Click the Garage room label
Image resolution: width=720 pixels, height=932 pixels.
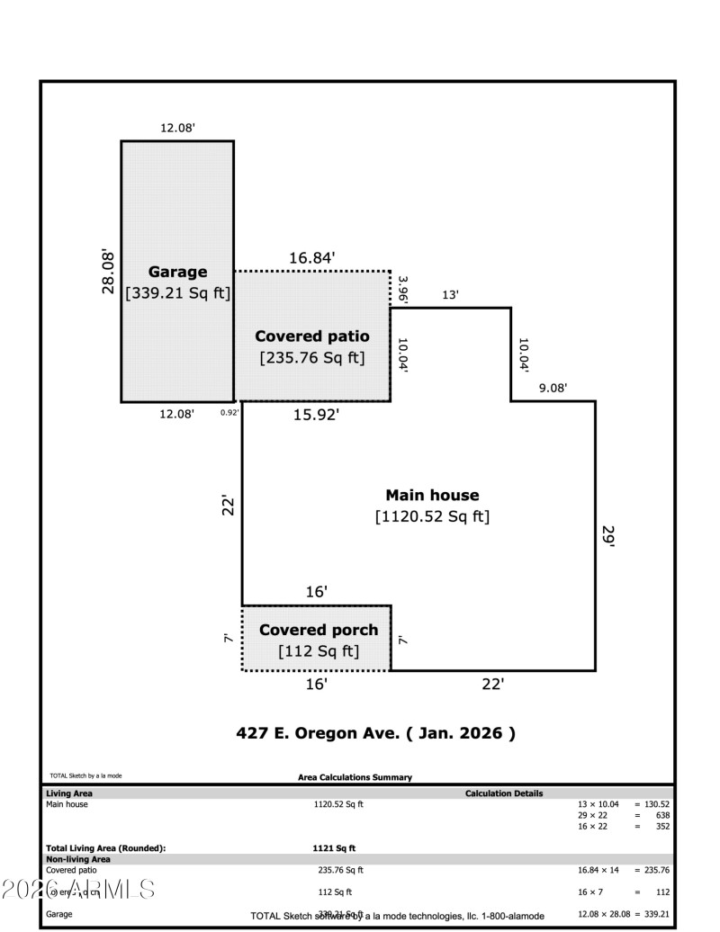click(x=177, y=272)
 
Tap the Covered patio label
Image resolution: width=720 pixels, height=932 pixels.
click(x=311, y=336)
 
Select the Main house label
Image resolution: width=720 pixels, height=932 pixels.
click(x=432, y=495)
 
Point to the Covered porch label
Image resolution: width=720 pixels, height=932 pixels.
click(x=319, y=630)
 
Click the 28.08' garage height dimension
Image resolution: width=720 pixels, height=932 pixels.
click(x=108, y=272)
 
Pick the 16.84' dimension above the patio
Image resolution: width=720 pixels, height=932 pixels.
click(x=311, y=258)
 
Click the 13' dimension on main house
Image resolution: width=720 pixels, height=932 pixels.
click(x=450, y=295)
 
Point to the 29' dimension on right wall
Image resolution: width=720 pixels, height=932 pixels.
click(x=608, y=536)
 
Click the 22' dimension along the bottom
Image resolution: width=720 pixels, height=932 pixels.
click(x=492, y=685)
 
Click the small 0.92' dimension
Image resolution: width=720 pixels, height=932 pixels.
click(x=229, y=413)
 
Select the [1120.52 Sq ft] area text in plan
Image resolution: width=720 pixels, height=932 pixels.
click(x=432, y=517)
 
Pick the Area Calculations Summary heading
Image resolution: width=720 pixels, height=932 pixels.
click(x=355, y=777)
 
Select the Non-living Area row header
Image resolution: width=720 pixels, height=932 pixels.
click(x=78, y=859)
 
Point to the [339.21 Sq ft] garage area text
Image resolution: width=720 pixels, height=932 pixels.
click(x=177, y=292)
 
